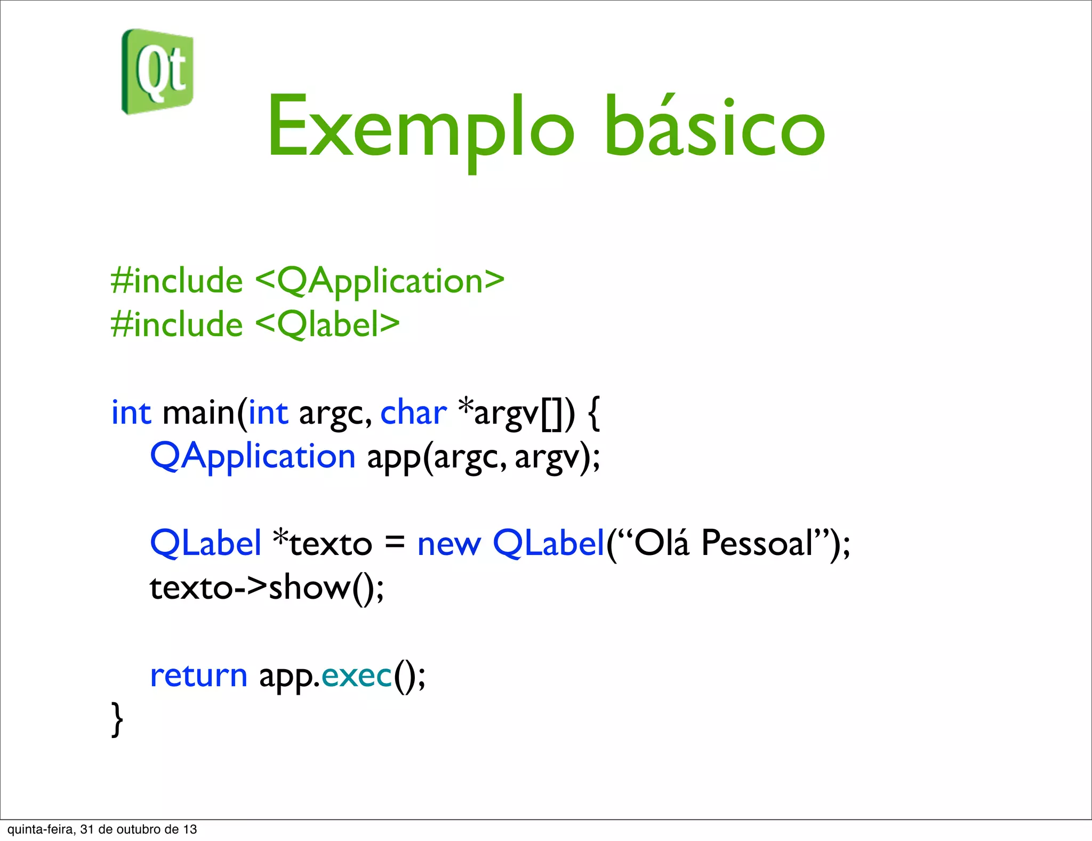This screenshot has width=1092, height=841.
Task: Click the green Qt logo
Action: pos(158,72)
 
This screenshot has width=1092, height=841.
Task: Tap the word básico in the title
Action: pos(714,128)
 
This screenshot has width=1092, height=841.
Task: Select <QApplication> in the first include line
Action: pos(380,281)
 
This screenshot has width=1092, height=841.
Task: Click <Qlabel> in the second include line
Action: pos(327,324)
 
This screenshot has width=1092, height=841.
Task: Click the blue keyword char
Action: pos(413,413)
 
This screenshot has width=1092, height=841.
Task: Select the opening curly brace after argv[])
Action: pos(594,413)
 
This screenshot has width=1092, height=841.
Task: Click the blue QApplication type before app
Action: pos(253,457)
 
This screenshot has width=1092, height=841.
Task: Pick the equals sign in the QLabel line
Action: pos(395,543)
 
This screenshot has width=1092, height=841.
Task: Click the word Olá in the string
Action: pos(661,543)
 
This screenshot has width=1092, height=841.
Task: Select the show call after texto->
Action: pos(309,588)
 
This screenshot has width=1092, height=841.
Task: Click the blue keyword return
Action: pos(198,676)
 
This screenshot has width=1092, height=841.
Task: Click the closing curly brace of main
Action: pos(117,719)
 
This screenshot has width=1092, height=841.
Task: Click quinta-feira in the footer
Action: pos(41,829)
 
